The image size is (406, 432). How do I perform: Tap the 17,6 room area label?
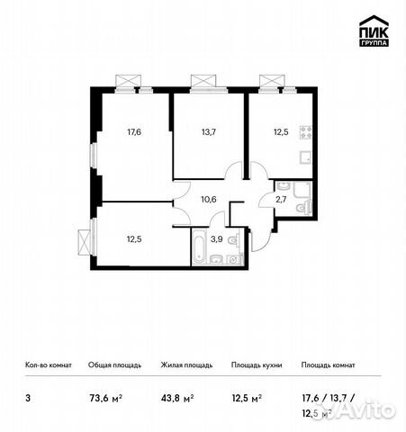point(134,131)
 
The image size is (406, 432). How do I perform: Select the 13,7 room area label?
point(209,131)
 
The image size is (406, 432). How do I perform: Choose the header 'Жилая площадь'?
point(186,365)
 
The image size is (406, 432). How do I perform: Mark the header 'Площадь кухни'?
point(257,365)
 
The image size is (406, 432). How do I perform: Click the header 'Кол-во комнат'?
point(47,365)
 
